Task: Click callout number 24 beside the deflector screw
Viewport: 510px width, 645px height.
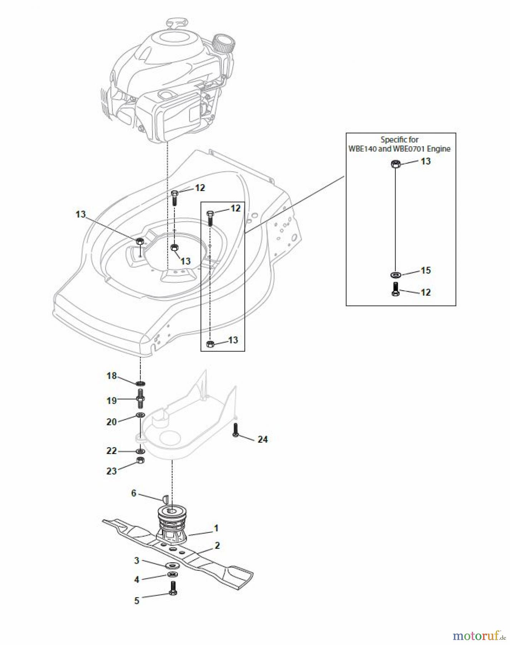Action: tap(262, 439)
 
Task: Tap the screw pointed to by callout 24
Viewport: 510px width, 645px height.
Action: tap(235, 429)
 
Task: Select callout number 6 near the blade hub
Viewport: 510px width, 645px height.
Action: tap(133, 493)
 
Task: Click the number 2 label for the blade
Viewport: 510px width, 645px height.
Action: tap(217, 545)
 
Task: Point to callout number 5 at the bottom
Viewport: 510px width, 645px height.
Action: tap(136, 601)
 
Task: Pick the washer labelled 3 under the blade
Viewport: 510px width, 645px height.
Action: tap(173, 565)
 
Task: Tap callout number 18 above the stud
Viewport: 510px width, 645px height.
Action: tap(112, 376)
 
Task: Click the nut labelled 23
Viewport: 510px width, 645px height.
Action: tap(140, 460)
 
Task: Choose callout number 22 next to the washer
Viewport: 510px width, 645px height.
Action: tap(112, 451)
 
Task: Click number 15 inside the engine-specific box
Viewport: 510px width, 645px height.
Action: tap(426, 270)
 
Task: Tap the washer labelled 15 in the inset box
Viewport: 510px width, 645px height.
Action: tap(395, 275)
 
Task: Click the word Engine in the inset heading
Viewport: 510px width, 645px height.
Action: tap(438, 149)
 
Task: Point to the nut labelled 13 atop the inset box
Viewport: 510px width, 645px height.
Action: tap(395, 164)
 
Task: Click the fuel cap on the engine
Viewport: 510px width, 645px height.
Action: tap(224, 44)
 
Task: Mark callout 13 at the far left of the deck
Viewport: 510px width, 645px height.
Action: tap(81, 214)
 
